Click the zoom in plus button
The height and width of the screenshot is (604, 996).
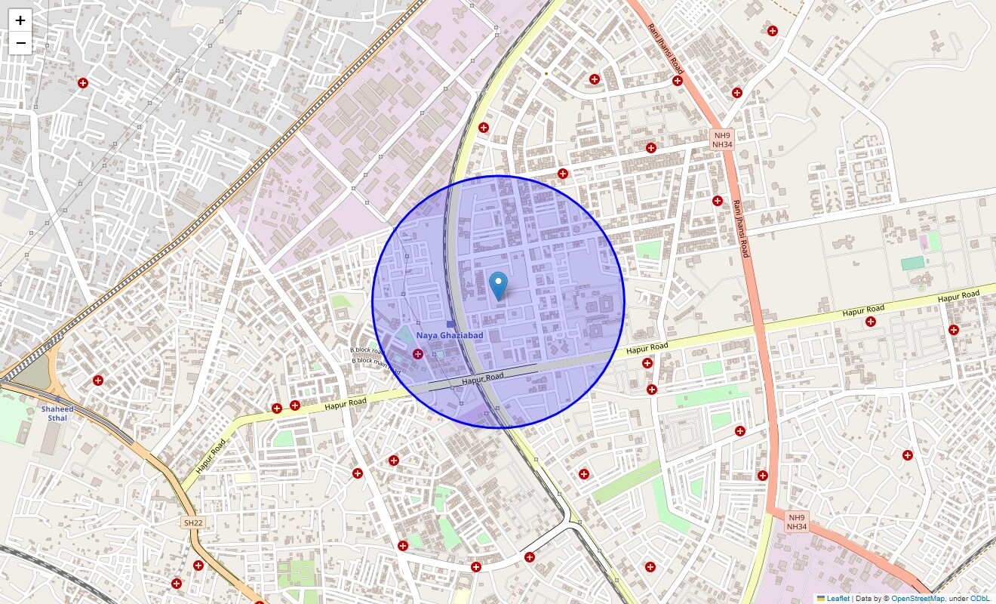pos(20,20)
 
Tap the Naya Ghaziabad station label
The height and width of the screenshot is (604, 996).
pos(450,335)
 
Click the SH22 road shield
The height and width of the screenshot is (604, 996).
pos(193,522)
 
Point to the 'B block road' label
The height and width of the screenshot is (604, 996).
pos(368,350)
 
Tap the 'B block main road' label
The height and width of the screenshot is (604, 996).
pos(375,362)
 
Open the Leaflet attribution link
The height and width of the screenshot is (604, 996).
pos(838,599)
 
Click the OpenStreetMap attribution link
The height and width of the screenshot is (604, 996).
pos(918,599)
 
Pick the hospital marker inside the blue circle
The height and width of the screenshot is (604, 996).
pos(418,354)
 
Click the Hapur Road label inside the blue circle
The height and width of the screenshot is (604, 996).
pos(483,378)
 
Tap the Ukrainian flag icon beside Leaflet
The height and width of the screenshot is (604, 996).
pos(821,599)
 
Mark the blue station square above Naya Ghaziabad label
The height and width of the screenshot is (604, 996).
pos(450,325)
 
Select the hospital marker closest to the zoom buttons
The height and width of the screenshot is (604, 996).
pos(83,83)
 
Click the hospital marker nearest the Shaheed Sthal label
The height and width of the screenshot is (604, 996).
pos(97,380)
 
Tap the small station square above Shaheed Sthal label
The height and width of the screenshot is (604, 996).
pos(57,398)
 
